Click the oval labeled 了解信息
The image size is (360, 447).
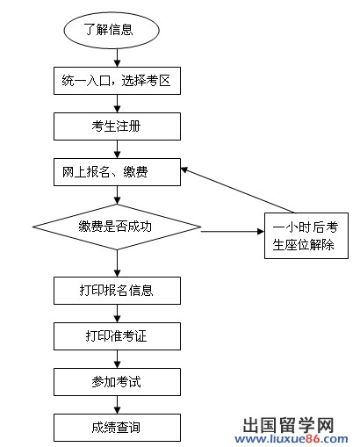pos(110,29)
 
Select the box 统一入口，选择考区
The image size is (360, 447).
pos(117,84)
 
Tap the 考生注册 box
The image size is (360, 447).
pos(117,126)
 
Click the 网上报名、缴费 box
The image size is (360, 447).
pos(117,172)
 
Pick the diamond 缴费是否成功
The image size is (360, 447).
pos(117,227)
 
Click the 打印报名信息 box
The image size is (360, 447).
pos(117,290)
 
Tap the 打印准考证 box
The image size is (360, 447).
pos(117,335)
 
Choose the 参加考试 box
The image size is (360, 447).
pos(117,382)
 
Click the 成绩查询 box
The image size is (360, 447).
pos(117,429)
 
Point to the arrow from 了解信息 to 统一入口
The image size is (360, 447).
pos(117,59)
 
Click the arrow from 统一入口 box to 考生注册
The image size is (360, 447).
pos(117,105)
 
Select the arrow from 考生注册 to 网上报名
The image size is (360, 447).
pos(117,149)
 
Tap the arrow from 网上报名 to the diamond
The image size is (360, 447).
pos(117,195)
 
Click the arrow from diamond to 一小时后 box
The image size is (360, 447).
pos(233,231)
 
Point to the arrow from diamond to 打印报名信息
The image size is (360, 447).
pos(117,262)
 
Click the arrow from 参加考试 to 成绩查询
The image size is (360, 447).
pos(117,405)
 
